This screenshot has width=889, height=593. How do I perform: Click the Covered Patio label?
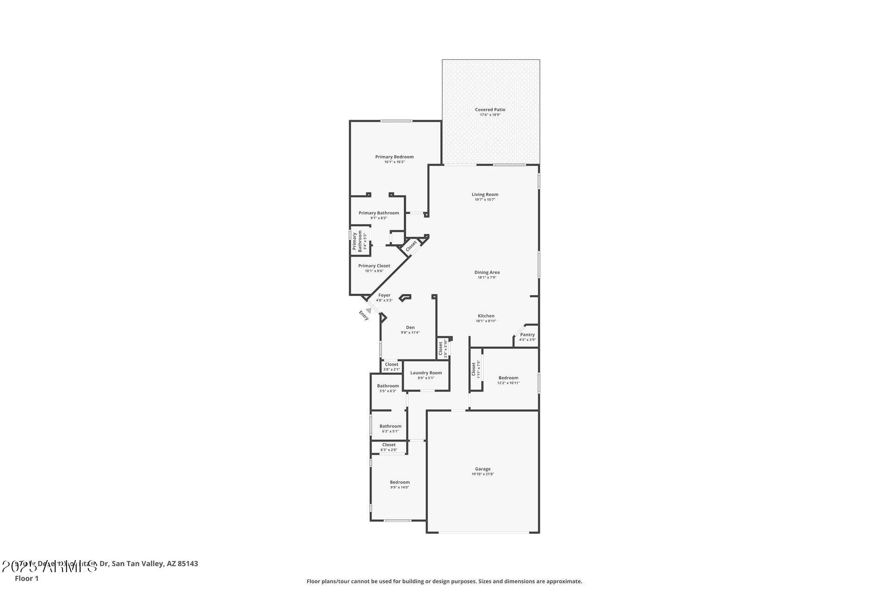(x=490, y=110)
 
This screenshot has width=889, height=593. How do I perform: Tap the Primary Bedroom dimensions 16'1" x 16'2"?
(x=394, y=162)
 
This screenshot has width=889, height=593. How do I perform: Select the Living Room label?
(x=485, y=195)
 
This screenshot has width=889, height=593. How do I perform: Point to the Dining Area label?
(x=487, y=272)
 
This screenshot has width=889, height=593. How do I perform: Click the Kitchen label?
(x=486, y=316)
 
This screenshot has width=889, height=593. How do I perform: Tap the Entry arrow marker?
(x=368, y=311)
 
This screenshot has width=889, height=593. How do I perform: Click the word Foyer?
(x=384, y=295)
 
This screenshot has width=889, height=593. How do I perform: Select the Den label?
(x=410, y=328)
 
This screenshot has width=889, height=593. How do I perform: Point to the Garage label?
(x=482, y=469)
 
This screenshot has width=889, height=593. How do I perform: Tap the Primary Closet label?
(x=374, y=266)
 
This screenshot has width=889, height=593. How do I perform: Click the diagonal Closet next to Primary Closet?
(x=411, y=246)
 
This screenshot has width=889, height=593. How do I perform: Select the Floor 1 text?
(x=26, y=578)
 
